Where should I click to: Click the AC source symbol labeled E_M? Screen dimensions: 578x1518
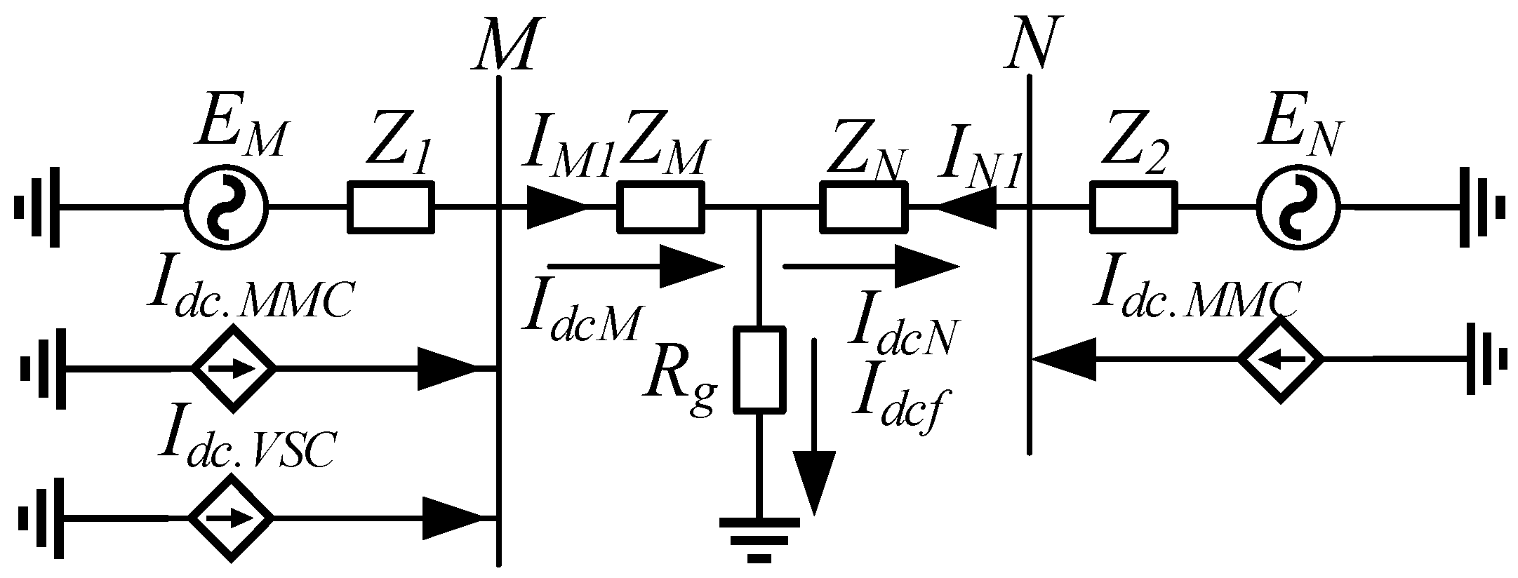click(226, 208)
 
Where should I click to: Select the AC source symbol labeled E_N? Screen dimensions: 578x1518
click(1298, 208)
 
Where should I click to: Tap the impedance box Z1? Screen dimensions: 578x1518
click(391, 206)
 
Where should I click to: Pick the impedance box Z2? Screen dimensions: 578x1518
click(1133, 206)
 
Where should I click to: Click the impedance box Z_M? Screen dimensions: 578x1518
click(660, 206)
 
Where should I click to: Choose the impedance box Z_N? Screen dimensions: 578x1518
click(864, 206)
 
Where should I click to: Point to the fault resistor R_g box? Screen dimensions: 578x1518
click(759, 370)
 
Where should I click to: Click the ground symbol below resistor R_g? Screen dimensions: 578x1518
click(759, 540)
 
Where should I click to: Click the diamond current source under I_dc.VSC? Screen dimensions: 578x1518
click(231, 518)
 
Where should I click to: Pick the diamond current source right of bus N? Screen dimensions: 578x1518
click(1280, 359)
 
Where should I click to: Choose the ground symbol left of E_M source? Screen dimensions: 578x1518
click(39, 208)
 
